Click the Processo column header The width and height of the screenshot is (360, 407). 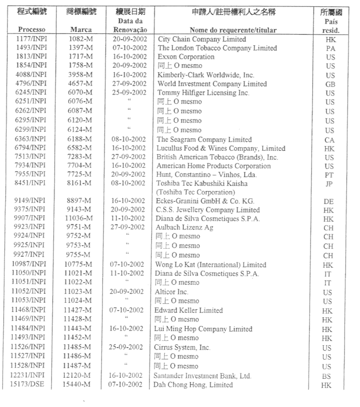point(31,30)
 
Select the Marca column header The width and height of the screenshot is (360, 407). point(81,30)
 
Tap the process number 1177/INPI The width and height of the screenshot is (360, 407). point(31,39)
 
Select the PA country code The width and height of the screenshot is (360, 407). point(330,48)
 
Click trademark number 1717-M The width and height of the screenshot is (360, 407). point(81,57)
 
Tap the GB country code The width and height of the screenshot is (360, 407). point(330,84)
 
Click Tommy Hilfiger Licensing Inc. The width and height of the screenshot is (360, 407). point(203,93)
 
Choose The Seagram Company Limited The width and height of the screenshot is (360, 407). point(204,139)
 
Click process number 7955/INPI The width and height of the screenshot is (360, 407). point(31,174)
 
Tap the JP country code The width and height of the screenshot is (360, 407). point(330,184)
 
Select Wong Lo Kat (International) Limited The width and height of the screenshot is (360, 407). point(211,265)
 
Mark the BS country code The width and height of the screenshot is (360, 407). point(330,376)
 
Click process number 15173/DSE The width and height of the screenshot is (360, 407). point(31,385)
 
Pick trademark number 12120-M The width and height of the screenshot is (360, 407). point(81,376)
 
